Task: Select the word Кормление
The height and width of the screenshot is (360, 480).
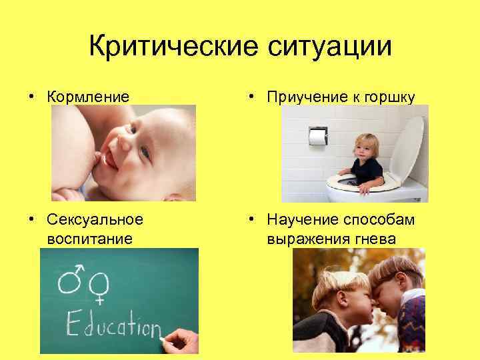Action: coord(89,97)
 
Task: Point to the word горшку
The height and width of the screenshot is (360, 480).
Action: coord(386,97)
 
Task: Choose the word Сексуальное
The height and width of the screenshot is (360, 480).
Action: coord(95,219)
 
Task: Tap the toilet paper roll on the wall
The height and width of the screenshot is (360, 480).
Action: coord(318,137)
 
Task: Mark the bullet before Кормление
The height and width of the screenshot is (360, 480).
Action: coord(31,97)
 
